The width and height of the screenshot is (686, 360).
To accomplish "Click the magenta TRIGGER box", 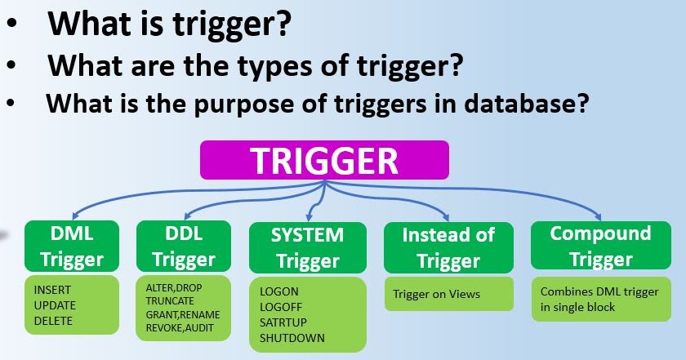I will coord(324,160).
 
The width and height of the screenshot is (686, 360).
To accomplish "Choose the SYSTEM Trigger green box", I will coord(306,248).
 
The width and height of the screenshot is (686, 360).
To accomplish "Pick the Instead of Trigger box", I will coord(448,247).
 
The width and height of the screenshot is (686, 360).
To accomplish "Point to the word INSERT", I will coord(53,290).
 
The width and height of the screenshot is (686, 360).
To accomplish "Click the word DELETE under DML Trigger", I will coord(53,321).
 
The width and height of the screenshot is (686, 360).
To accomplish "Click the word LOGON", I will coord(279,291).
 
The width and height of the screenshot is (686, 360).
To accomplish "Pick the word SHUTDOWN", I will coord(292,338).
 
